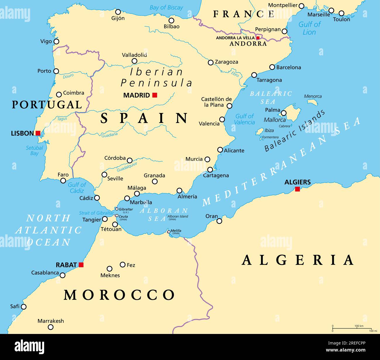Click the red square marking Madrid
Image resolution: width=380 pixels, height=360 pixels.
[x=155, y=95]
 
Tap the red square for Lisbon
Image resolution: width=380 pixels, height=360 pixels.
[x=38, y=133]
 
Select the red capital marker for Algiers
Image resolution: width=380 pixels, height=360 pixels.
[x=297, y=189]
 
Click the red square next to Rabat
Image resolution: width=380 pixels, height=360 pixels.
[x=81, y=265]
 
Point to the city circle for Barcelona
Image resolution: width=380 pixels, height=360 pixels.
[x=272, y=67]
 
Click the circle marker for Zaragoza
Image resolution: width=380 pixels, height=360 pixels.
[x=210, y=62]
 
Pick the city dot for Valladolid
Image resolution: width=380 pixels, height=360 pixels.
[x=134, y=61]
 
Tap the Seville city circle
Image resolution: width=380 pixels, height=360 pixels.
[x=104, y=175]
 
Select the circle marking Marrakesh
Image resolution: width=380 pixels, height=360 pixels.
[x=51, y=327]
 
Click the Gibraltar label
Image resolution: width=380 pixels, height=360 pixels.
[x=126, y=209]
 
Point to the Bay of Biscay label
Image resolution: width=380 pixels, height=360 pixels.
[x=166, y=8]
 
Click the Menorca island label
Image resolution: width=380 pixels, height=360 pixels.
[x=312, y=96]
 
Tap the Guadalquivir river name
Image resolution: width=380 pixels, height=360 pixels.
[x=127, y=167]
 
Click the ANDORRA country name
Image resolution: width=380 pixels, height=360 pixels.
[x=248, y=44]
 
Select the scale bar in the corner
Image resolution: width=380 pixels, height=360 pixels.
[x=352, y=328]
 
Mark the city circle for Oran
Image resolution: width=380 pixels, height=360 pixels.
[x=219, y=221]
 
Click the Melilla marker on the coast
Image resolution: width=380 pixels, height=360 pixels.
[x=169, y=232]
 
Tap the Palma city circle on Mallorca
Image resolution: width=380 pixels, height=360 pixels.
[x=284, y=113]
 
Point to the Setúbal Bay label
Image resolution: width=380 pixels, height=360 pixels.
[x=34, y=150]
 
